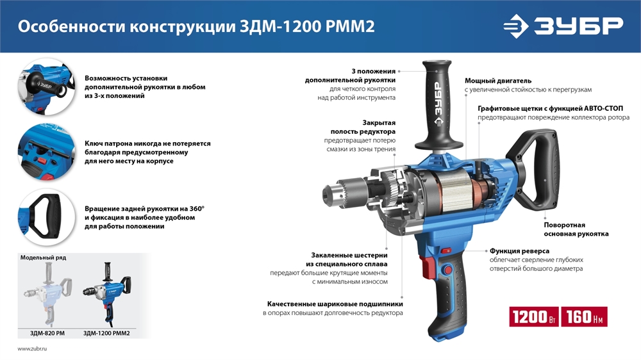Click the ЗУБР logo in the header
click(x=562, y=26)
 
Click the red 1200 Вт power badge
click(x=533, y=317)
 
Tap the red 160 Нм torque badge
click(x=584, y=317)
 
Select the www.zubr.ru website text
click(x=33, y=348)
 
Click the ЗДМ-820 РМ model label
click(x=47, y=333)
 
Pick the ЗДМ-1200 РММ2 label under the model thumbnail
click(x=111, y=333)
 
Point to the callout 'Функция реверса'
click(x=520, y=251)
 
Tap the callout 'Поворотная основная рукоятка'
click(x=576, y=229)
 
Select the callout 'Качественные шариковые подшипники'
click(x=335, y=304)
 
